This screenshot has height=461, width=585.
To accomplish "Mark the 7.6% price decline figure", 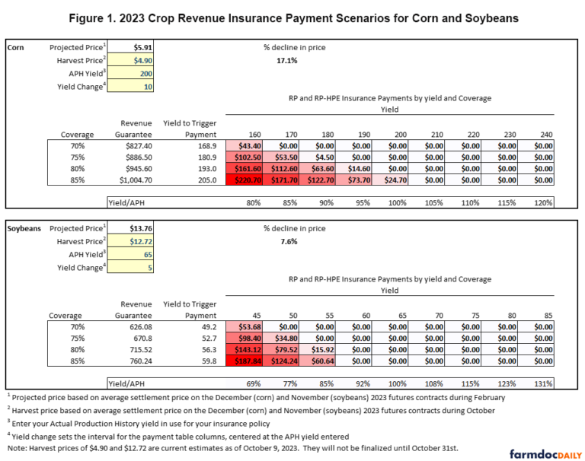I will (x=286, y=241).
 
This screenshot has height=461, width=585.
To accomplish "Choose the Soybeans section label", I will (x=24, y=228).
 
